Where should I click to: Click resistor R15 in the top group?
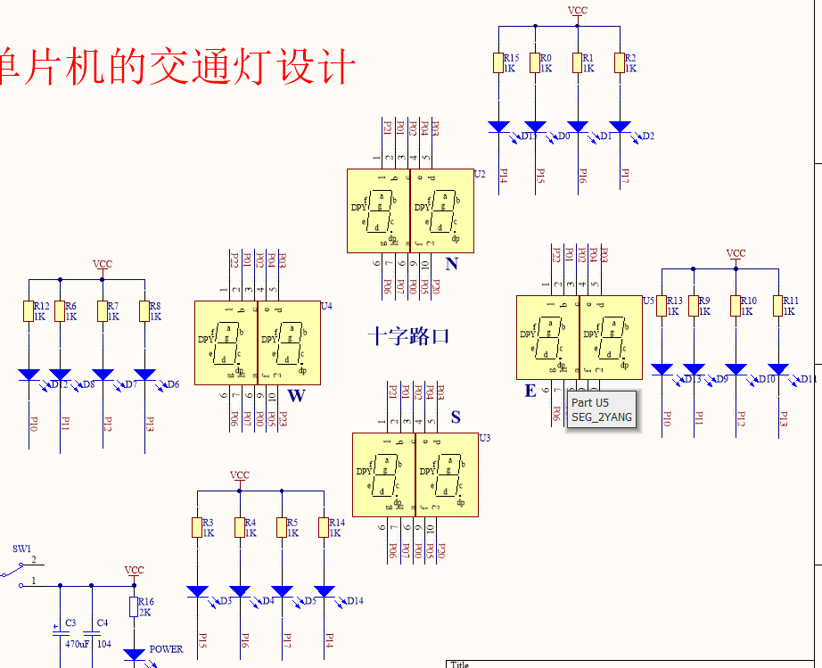(x=498, y=62)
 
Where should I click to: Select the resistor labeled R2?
(x=620, y=62)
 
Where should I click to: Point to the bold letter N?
(x=451, y=264)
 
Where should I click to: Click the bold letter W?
(x=295, y=396)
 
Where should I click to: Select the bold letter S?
(x=456, y=417)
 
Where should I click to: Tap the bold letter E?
(x=530, y=391)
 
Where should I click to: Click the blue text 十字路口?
(x=408, y=336)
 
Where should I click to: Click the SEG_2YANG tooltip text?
(x=602, y=416)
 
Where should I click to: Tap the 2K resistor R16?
(x=135, y=606)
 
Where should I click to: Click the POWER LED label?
(x=166, y=649)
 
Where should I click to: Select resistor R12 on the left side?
(x=28, y=310)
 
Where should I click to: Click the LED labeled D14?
(x=325, y=591)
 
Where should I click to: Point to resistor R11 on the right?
(x=777, y=306)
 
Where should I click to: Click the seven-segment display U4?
(x=257, y=342)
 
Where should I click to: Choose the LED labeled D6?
(x=144, y=374)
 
